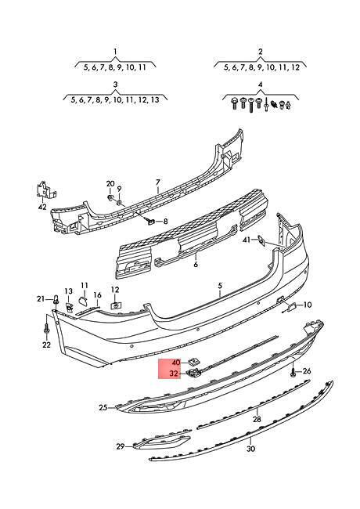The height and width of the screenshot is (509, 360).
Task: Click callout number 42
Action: tap(42, 207)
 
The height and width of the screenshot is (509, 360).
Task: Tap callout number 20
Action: tap(110, 183)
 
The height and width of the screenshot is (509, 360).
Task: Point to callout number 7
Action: tap(158, 182)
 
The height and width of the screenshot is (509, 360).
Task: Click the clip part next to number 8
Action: tap(151, 221)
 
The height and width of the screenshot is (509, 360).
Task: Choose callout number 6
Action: tap(196, 264)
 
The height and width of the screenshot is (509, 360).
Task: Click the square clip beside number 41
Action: tap(261, 240)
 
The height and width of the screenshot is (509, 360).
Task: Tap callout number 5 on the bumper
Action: tap(220, 286)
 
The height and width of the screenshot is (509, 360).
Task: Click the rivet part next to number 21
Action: tap(56, 299)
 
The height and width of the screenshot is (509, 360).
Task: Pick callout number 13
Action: tap(69, 291)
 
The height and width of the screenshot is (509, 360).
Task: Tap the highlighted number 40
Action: tap(176, 363)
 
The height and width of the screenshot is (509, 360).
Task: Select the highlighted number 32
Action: tap(175, 374)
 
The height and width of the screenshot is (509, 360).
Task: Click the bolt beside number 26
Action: tap(293, 371)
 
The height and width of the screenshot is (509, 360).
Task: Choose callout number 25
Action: tap(103, 407)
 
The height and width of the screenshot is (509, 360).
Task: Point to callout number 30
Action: tap(250, 449)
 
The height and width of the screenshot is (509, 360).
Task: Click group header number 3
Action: tap(115, 85)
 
